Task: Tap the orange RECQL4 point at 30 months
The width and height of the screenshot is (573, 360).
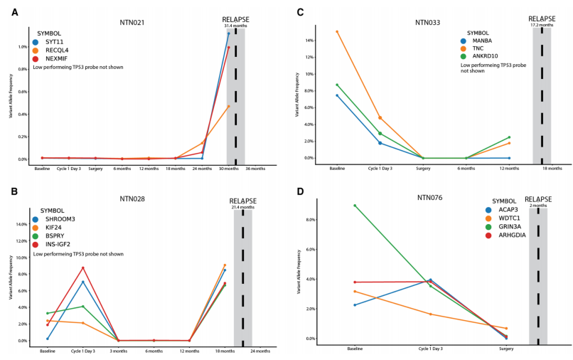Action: [228, 106]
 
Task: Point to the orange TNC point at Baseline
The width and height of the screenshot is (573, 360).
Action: [337, 31]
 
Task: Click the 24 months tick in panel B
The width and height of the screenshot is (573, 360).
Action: [260, 351]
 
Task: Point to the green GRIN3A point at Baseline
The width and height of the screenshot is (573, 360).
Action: [355, 206]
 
